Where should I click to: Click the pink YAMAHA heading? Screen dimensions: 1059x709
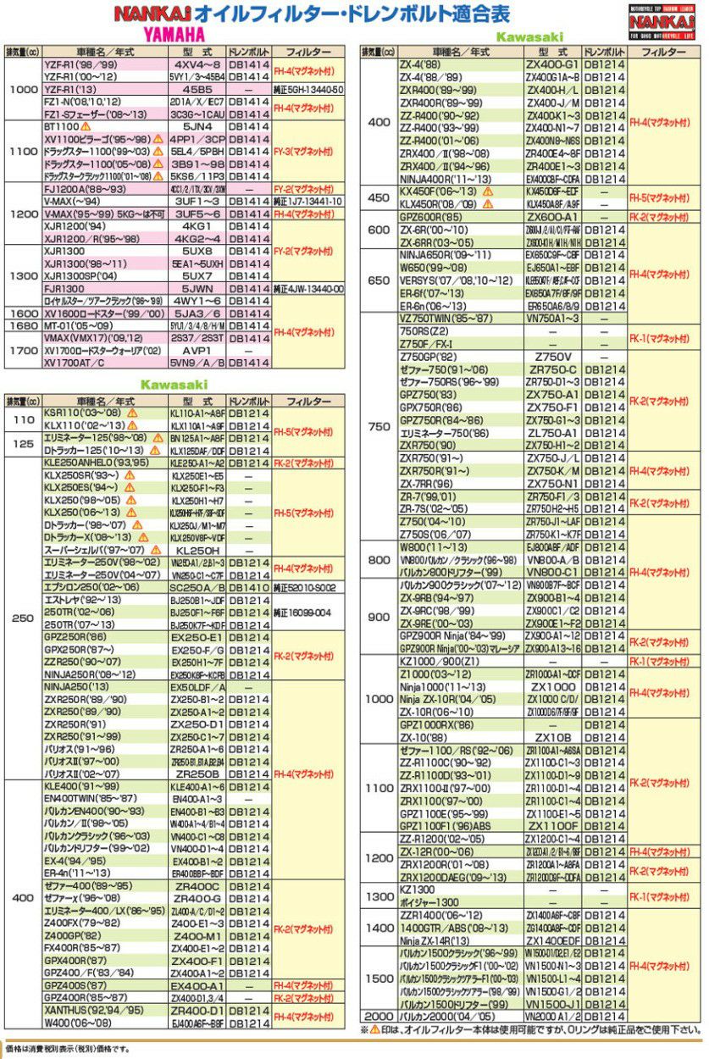(174, 35)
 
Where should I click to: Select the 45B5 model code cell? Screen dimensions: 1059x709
(197, 89)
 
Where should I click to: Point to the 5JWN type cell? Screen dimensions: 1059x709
(197, 288)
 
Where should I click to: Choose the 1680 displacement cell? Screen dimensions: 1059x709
(21, 325)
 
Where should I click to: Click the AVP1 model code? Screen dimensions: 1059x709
(197, 350)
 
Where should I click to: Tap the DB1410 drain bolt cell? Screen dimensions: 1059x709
(249, 587)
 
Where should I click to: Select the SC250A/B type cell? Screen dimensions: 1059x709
(197, 587)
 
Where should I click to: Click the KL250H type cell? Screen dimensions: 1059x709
(197, 550)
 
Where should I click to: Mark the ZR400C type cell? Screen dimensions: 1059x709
(197, 886)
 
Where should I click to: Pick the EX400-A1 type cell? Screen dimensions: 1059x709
(197, 986)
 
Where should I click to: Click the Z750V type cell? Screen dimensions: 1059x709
(552, 357)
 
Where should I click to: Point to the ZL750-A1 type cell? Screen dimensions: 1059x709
(552, 432)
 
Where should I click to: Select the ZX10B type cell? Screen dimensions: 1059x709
(552, 737)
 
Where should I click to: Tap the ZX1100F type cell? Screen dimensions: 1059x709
(552, 825)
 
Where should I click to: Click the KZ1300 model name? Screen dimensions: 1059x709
(417, 890)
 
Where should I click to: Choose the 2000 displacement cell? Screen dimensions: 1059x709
(377, 1016)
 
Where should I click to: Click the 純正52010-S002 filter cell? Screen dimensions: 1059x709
(307, 587)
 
